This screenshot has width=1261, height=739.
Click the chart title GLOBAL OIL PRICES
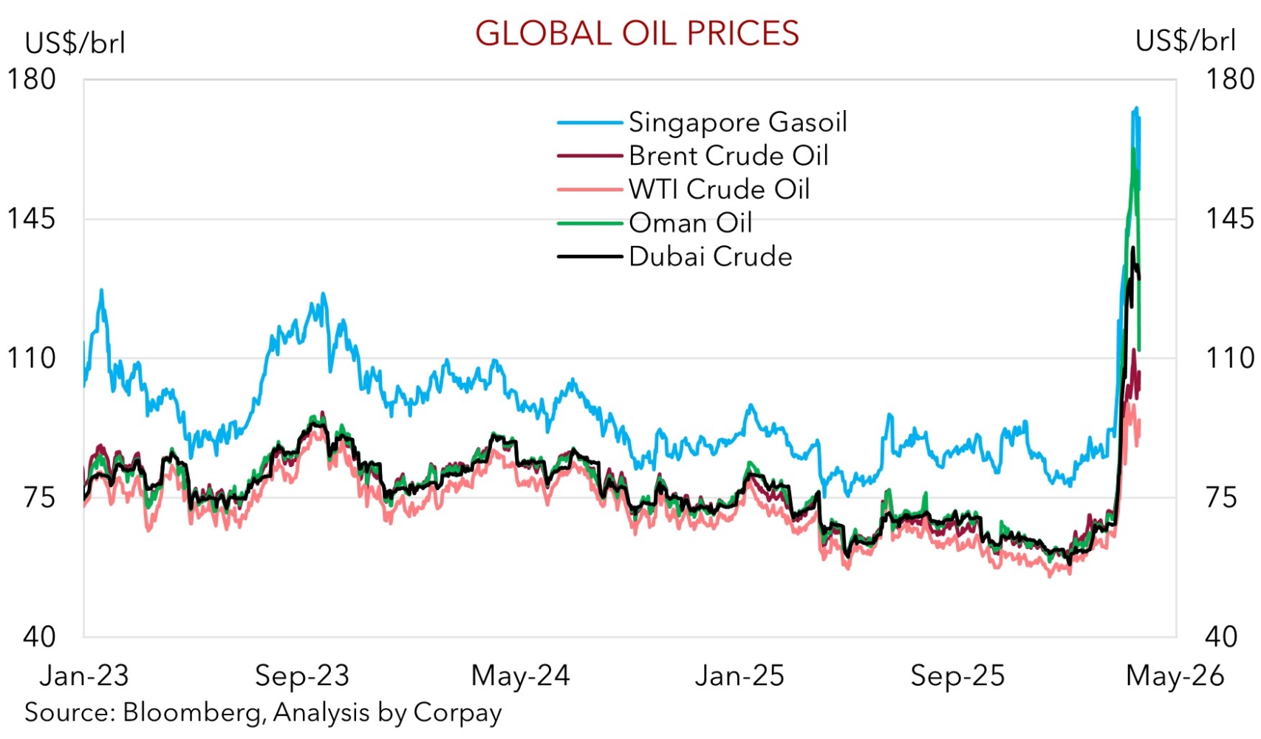pos(637,33)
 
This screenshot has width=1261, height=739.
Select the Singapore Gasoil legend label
pos(737,122)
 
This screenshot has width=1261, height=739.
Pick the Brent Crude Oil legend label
pos(728,156)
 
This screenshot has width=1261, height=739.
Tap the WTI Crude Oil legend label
pos(719,189)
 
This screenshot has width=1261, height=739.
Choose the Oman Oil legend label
pos(690,222)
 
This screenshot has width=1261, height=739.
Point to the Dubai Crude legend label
pos(710,256)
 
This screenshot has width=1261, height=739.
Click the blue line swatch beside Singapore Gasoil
pos(589,123)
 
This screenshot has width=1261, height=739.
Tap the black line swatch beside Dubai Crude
pos(589,257)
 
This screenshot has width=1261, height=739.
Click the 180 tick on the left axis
pos(31,79)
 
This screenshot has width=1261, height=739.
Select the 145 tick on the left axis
pos(31,219)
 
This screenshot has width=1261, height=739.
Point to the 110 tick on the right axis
pos(1229,358)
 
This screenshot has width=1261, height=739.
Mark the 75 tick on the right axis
pos(1220,497)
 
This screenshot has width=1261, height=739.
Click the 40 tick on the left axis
pos(38,636)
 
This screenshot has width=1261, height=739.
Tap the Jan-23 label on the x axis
pos(83,675)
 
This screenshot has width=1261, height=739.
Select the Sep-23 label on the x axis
pos(301,675)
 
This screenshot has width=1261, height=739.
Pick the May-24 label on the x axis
pos(520,675)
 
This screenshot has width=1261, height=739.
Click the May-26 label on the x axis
pos(1175,675)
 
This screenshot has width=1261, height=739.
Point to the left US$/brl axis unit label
pos(75,43)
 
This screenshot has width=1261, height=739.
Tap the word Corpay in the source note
pos(457,712)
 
